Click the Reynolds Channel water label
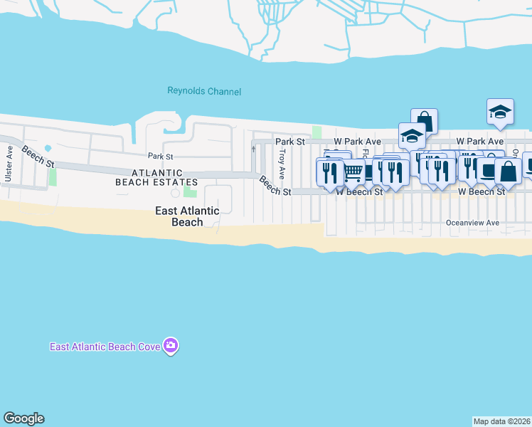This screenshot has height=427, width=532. (204, 91)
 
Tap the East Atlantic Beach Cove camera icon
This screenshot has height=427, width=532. (170, 346)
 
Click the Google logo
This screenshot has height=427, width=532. (23, 418)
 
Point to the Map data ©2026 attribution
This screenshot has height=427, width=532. (501, 421)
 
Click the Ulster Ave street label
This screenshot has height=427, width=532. (9, 163)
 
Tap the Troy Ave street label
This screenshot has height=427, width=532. (282, 163)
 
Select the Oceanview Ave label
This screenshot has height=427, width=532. (472, 223)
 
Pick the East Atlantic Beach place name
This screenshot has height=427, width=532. (188, 216)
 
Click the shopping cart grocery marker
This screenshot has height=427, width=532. (353, 171)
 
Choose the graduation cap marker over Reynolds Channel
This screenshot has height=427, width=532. (500, 110)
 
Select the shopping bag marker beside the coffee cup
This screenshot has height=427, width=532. (508, 170)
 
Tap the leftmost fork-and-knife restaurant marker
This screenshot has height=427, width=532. (329, 172)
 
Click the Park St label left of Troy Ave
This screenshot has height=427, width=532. (160, 156)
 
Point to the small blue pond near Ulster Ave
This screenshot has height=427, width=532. (48, 149)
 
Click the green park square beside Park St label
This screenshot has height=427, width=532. (316, 133)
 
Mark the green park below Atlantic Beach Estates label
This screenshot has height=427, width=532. (190, 190)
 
